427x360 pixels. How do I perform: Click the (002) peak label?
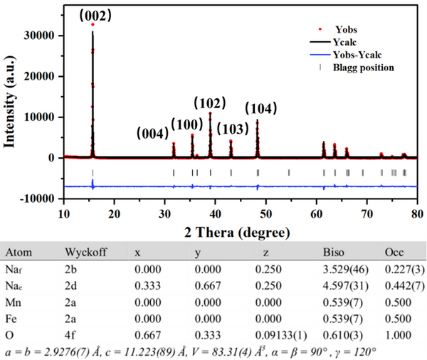point(95,16)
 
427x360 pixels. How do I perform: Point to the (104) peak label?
point(261,108)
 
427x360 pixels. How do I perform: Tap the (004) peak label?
point(152,134)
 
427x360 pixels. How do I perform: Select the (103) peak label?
point(233,129)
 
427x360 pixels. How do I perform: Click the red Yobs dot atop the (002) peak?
point(93,24)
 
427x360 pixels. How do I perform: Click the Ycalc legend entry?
point(333,42)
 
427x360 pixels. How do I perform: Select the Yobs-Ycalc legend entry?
point(346,55)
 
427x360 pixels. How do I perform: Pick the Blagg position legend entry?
point(357,68)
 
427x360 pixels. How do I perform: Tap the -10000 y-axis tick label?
point(37,199)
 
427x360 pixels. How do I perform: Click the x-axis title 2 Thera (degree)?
point(237,233)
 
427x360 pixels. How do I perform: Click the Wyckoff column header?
point(86,252)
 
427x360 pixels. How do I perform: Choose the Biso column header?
point(334,252)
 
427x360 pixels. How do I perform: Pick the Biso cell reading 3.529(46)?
point(346,270)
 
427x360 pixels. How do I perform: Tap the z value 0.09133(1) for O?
point(281,335)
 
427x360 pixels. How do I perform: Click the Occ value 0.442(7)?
point(405,286)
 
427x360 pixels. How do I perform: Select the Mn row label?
point(13,302)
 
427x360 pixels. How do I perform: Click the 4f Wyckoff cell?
point(70,335)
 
